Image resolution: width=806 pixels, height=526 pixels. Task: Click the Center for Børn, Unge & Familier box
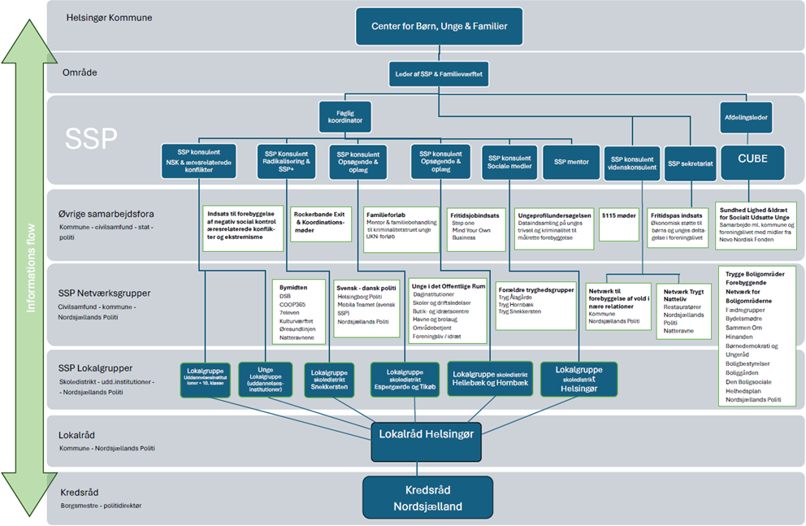[440, 26]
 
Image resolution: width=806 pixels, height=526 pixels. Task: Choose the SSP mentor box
[571, 162]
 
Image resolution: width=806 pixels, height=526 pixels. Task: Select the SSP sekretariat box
[689, 163]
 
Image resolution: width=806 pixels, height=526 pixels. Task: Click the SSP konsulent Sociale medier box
[509, 163]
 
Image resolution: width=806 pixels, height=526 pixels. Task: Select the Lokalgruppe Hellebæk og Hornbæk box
[490, 378]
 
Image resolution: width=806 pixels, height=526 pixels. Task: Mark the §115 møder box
[619, 215]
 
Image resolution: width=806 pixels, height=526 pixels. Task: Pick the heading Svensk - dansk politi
[366, 287]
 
